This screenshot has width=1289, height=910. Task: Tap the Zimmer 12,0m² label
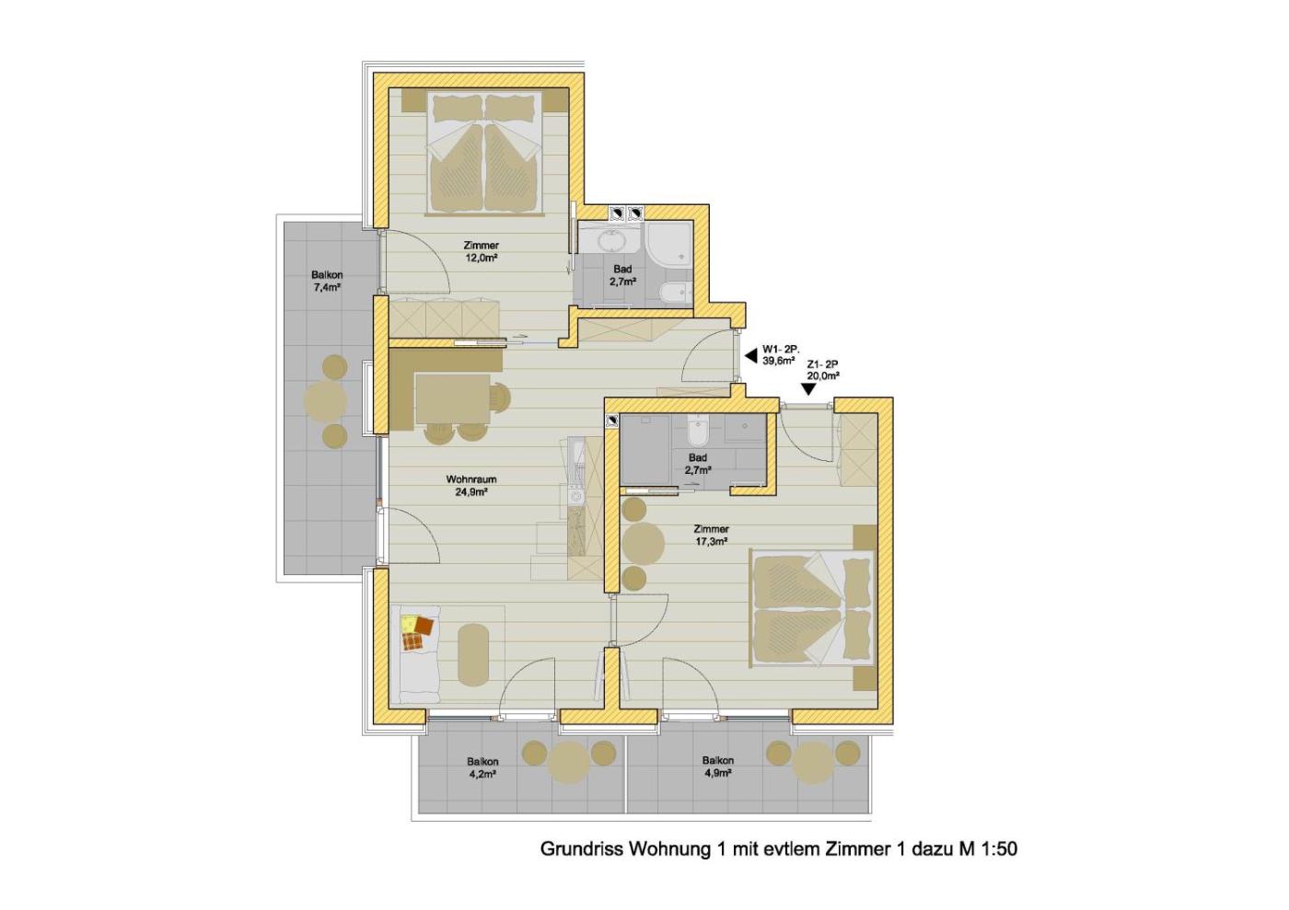481,252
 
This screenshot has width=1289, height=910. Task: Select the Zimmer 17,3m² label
711,535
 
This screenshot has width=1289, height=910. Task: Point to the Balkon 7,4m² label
327,282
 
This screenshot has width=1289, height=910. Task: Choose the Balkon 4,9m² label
717,766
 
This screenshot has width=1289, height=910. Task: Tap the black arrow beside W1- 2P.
750,357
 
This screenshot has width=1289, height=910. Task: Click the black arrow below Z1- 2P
809,389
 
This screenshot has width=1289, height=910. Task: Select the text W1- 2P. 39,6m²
779,354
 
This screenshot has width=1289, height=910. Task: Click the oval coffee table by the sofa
473,655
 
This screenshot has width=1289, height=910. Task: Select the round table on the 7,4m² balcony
325,400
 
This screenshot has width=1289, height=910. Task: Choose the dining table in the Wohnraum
453,398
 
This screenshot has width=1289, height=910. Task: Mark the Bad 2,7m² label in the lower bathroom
698,464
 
